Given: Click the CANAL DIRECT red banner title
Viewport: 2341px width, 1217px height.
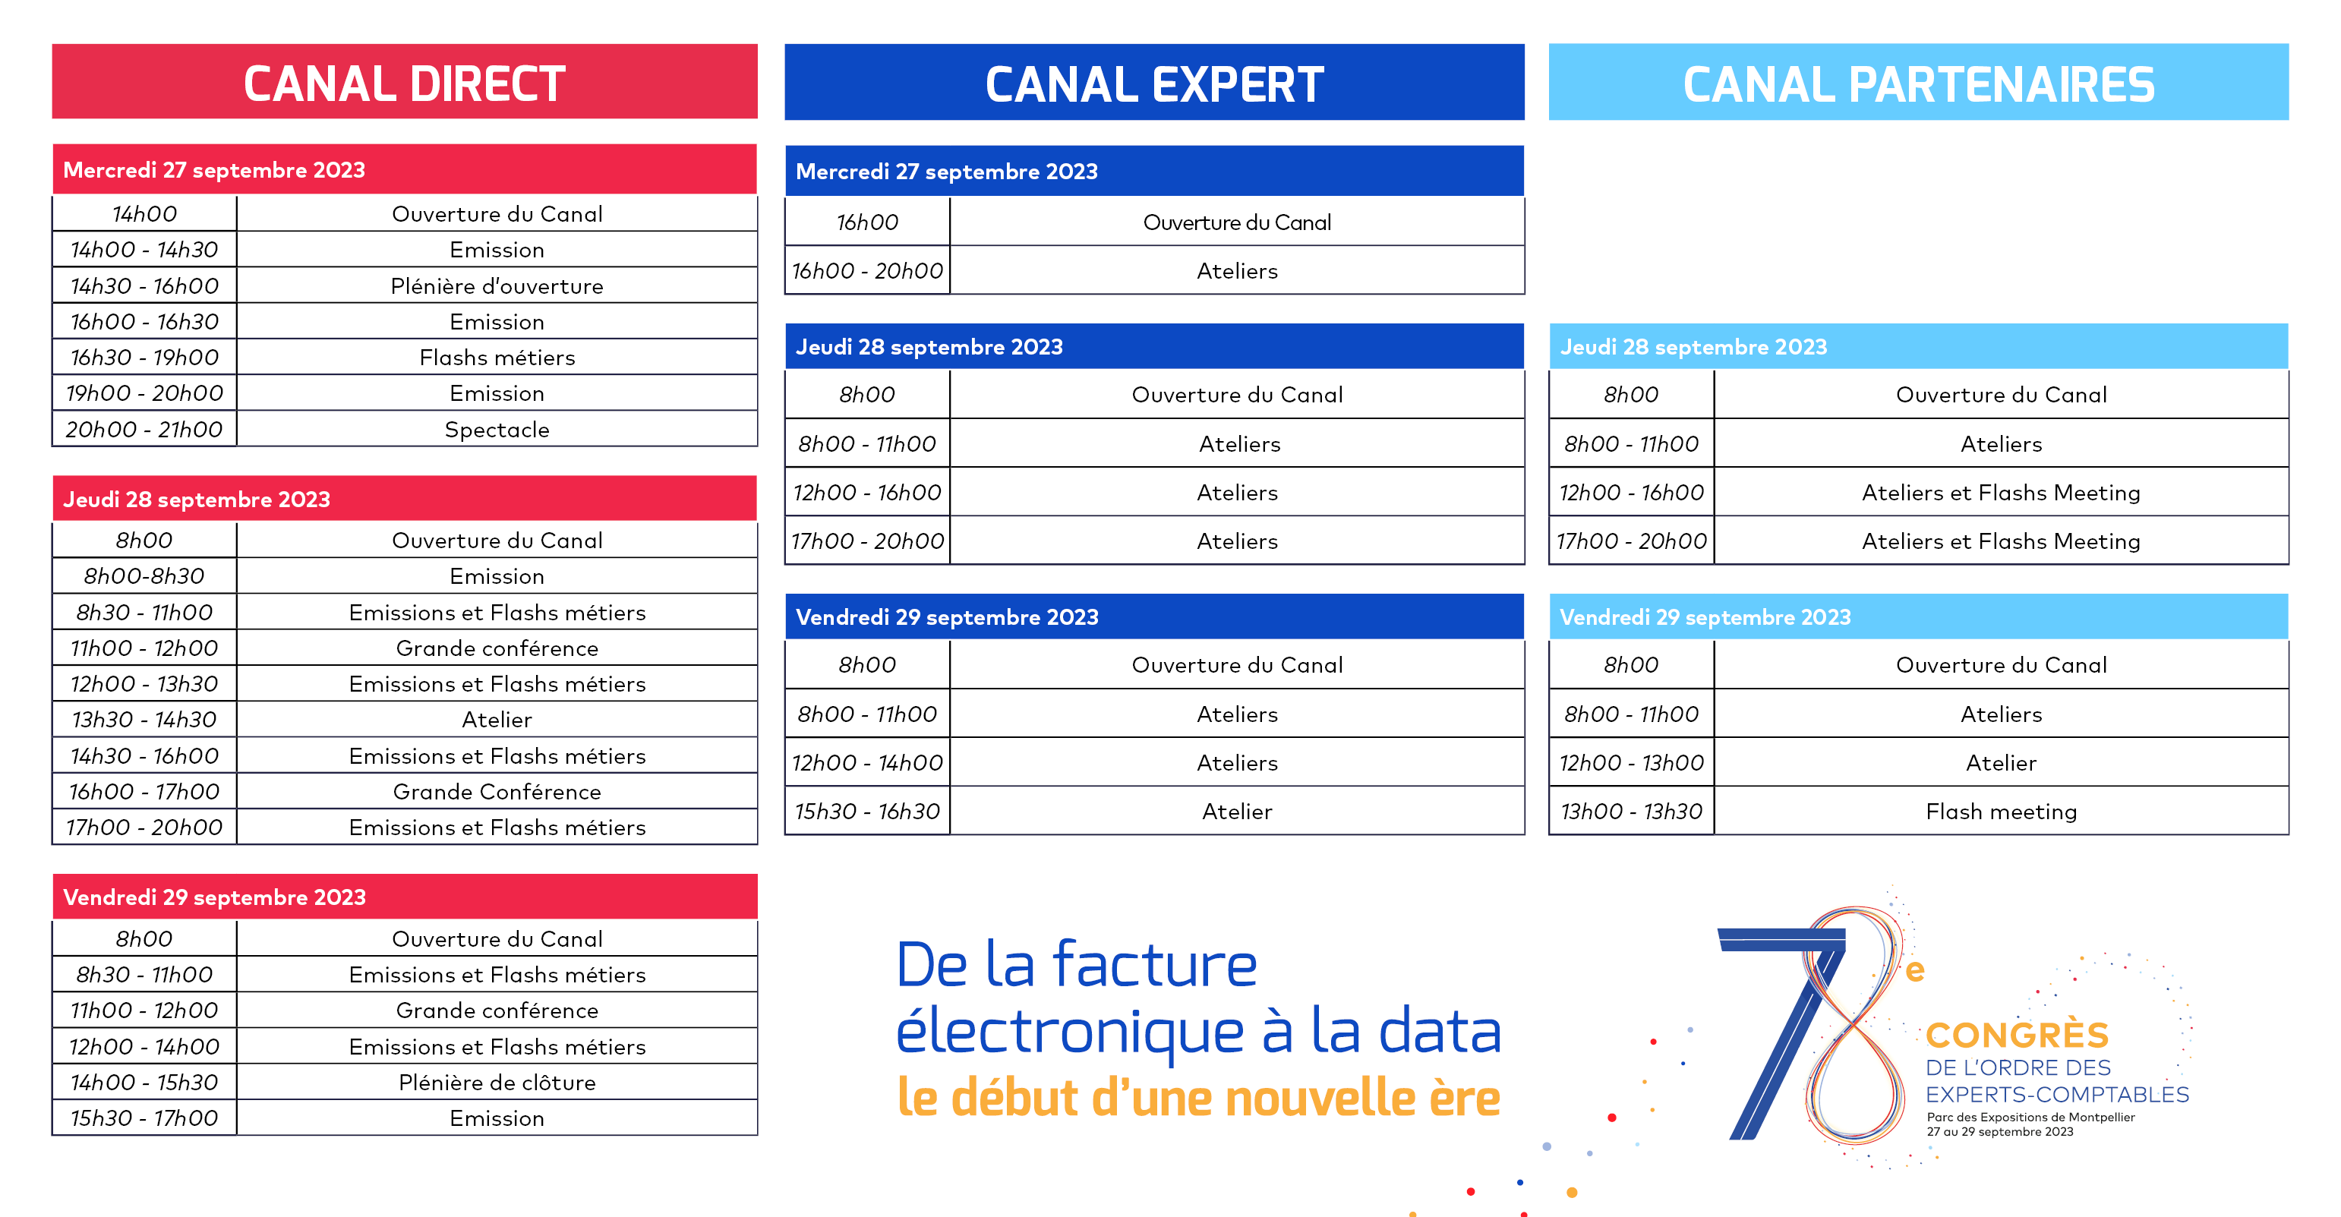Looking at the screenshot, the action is (405, 84).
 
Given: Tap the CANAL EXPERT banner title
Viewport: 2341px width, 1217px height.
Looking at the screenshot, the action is (1154, 84).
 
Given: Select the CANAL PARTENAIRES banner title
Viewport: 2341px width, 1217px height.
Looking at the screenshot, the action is (1918, 84).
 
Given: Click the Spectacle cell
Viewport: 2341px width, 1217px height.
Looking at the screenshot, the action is (497, 429).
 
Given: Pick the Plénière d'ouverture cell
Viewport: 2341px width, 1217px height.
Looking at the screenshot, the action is (497, 286).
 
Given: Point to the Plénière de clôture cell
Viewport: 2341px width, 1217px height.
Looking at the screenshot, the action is (497, 1083).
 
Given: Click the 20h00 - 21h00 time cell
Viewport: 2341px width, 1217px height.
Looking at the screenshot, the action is (144, 429).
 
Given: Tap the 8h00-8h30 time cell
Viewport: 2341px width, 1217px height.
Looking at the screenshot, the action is (144, 576).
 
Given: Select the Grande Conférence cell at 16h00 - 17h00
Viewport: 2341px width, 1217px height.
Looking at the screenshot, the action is (497, 792).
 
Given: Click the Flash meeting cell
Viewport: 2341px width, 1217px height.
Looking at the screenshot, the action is (2001, 812).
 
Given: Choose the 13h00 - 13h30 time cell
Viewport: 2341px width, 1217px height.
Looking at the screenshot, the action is (1631, 812).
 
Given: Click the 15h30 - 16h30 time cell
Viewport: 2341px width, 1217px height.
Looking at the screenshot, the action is (867, 812).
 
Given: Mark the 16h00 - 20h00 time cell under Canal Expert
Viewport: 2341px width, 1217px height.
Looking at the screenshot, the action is (867, 271).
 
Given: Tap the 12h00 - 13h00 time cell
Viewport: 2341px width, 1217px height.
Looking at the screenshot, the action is (1631, 762).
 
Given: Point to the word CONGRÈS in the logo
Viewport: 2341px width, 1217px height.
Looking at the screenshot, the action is (2017, 1036).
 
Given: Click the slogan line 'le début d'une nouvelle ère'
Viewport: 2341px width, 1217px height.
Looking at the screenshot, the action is (1197, 1098).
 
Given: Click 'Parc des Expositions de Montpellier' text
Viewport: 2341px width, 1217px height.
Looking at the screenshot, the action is (2030, 1117).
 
